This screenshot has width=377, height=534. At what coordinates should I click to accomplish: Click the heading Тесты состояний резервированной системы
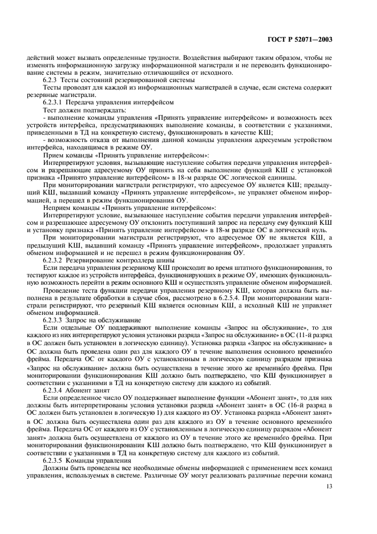coord(125,96)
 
